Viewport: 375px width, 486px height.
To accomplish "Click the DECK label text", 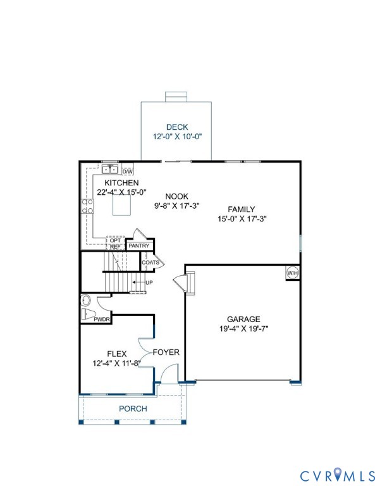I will tap(177, 127).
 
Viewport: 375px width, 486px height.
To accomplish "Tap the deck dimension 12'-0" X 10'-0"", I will tap(177, 137).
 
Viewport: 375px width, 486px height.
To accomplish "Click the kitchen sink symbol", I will tap(111, 170).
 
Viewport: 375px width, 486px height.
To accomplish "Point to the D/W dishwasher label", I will tap(127, 171).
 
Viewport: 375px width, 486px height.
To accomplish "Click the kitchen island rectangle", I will tap(121, 206).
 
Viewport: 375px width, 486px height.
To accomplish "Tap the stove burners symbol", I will tap(87, 206).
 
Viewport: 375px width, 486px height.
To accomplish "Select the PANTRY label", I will tap(138, 246).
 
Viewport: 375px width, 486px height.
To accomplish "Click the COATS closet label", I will tap(150, 262).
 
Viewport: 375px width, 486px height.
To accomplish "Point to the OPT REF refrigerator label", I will tap(115, 244).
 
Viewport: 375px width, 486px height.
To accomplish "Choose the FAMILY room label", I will tap(242, 209).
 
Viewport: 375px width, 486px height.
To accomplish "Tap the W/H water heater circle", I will tap(292, 273).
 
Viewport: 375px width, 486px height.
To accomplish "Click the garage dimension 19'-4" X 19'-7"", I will tap(243, 329).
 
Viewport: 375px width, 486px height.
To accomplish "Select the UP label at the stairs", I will tap(149, 282).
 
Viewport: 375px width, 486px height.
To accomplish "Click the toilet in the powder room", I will tap(89, 315).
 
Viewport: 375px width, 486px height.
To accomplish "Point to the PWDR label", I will tap(102, 320).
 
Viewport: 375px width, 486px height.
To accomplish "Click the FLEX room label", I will tap(116, 354).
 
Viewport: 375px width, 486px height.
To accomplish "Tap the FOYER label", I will tap(166, 352).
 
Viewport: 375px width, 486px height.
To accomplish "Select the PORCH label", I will tap(133, 409).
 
